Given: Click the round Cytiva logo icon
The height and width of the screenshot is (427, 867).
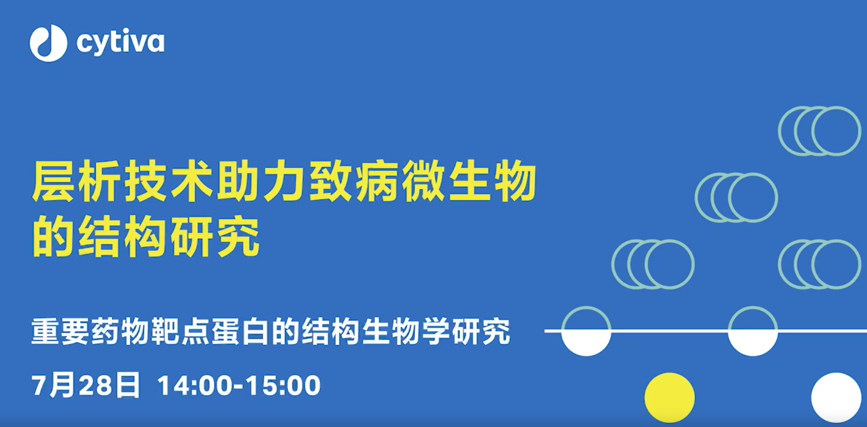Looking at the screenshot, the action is tap(48, 43).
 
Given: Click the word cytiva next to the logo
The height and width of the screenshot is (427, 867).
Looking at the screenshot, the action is tap(120, 43).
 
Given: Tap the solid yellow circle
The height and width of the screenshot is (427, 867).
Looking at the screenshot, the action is tap(669, 398).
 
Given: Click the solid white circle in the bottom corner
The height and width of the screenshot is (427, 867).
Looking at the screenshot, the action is tap(836, 398).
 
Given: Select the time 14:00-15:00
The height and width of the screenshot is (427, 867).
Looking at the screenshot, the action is tap(239, 386).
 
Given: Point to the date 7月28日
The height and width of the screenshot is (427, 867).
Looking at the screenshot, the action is tap(86, 386).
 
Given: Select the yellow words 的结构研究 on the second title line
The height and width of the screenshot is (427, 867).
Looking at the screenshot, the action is tap(146, 237).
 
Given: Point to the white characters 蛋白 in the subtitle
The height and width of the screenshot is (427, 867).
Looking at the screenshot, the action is tap(240, 331).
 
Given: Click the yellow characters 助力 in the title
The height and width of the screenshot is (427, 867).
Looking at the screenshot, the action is tap(262, 181).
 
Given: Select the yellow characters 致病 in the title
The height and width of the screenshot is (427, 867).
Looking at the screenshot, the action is tap(354, 181).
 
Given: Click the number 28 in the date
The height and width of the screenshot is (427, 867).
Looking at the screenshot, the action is tap(94, 386).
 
